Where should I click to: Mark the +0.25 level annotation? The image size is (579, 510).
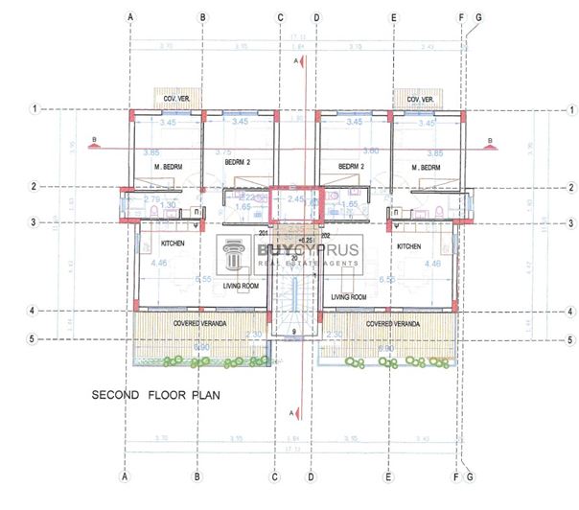point(306,240)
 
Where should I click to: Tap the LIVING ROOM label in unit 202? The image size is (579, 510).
point(349,297)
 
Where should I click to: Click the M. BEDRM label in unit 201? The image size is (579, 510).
point(168,168)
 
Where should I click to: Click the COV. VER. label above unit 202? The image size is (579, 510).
point(421,99)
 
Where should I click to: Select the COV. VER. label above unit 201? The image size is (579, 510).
point(174,99)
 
